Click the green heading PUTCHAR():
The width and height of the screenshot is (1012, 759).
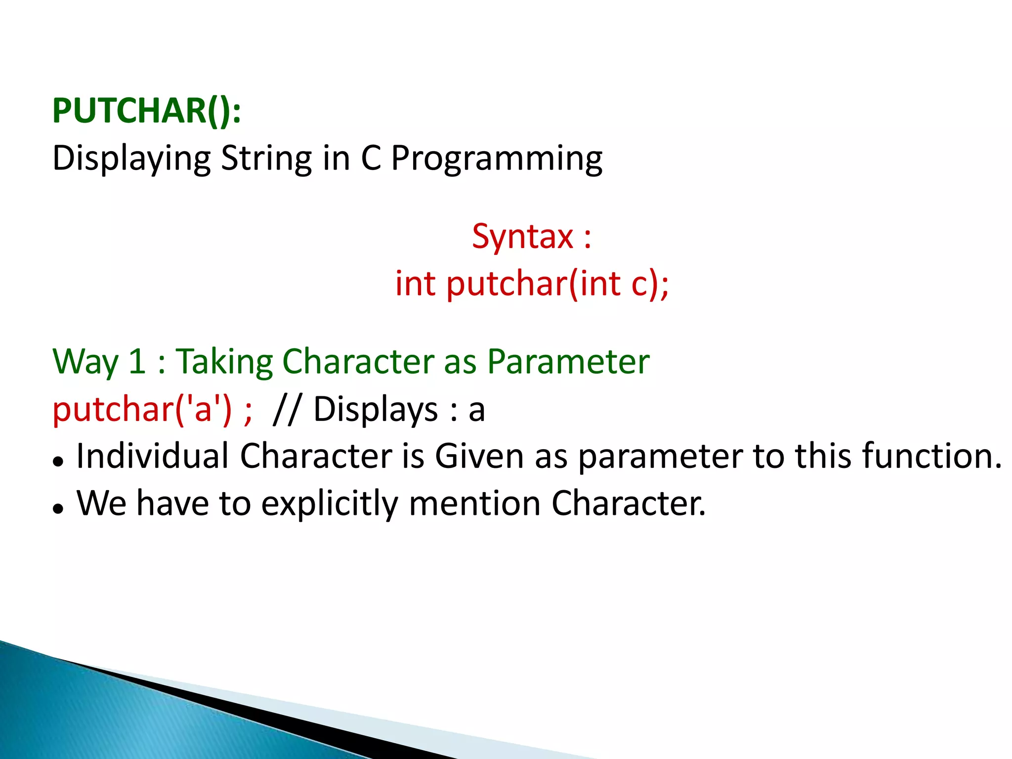click(x=147, y=111)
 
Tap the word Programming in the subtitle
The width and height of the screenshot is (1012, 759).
click(x=497, y=159)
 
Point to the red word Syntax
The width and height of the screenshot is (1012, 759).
click(x=522, y=237)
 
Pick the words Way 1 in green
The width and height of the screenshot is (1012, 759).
click(x=99, y=362)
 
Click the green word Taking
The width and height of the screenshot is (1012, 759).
click(x=224, y=362)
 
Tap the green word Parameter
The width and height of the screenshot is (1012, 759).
click(x=568, y=362)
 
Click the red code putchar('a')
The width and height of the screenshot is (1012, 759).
click(x=142, y=410)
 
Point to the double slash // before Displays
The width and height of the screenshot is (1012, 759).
click(x=286, y=410)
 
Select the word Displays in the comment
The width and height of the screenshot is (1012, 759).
click(x=376, y=410)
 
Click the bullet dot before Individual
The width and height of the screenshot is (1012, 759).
click(x=58, y=462)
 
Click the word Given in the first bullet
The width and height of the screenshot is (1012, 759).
click(x=479, y=456)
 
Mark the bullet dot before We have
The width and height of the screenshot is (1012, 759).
click(x=58, y=509)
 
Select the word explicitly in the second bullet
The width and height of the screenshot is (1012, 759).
click(x=329, y=504)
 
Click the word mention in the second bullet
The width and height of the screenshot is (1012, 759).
click(x=474, y=503)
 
